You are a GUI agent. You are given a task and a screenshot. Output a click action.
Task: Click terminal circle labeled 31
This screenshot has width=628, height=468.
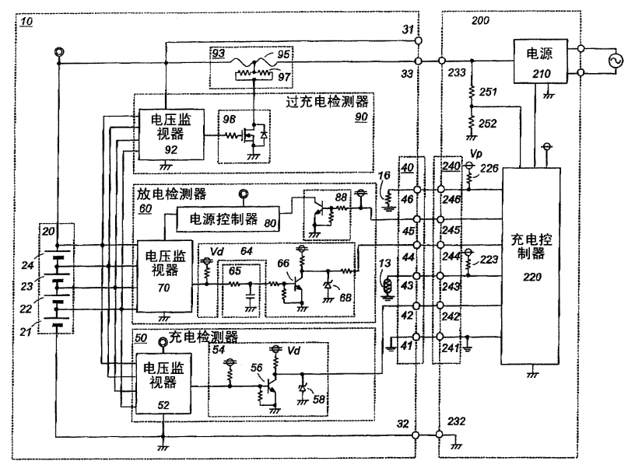click(418, 41)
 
